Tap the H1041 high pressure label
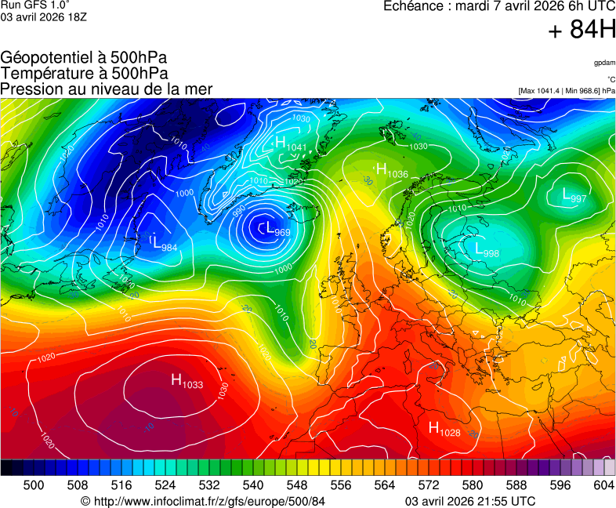tap(290, 143)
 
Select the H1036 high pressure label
tap(392, 171)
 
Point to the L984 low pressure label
tap(165, 244)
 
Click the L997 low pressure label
tap(574, 196)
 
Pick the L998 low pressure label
tap(487, 250)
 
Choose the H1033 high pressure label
tap(187, 382)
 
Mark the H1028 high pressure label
tap(444, 429)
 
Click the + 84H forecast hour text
tap(582, 31)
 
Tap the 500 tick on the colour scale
tap(34, 485)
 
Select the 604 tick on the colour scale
tap(603, 485)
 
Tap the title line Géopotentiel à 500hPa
tap(84, 58)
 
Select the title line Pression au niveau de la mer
tap(107, 89)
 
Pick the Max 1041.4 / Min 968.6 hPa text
tap(567, 91)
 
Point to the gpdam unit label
tap(603, 62)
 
